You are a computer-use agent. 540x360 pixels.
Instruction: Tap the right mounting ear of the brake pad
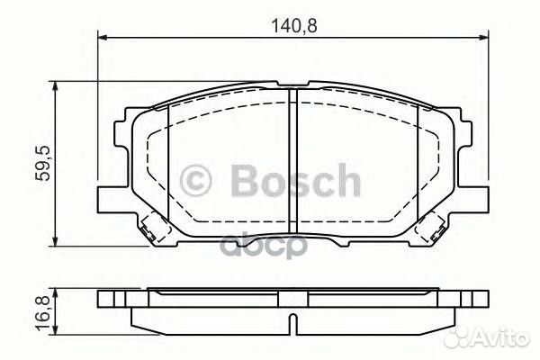pos(479,195)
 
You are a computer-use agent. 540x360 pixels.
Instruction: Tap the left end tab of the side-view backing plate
pos(106,297)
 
